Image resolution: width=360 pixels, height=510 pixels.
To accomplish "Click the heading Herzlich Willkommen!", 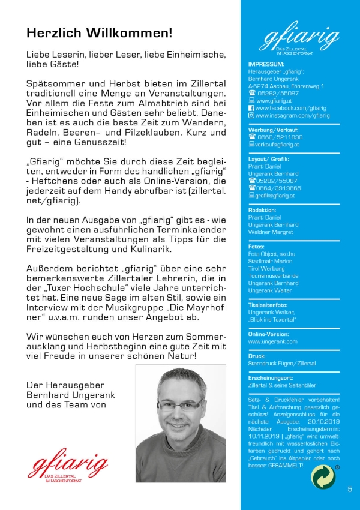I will coord(99,32).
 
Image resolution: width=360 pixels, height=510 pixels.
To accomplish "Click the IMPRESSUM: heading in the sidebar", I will coord(266,64).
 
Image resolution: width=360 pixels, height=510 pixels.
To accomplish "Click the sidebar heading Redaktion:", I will coord(262,210).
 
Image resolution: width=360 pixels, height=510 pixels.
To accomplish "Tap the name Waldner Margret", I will coord(271,232).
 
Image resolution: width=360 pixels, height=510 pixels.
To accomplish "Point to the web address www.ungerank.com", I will coord(272,341).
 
